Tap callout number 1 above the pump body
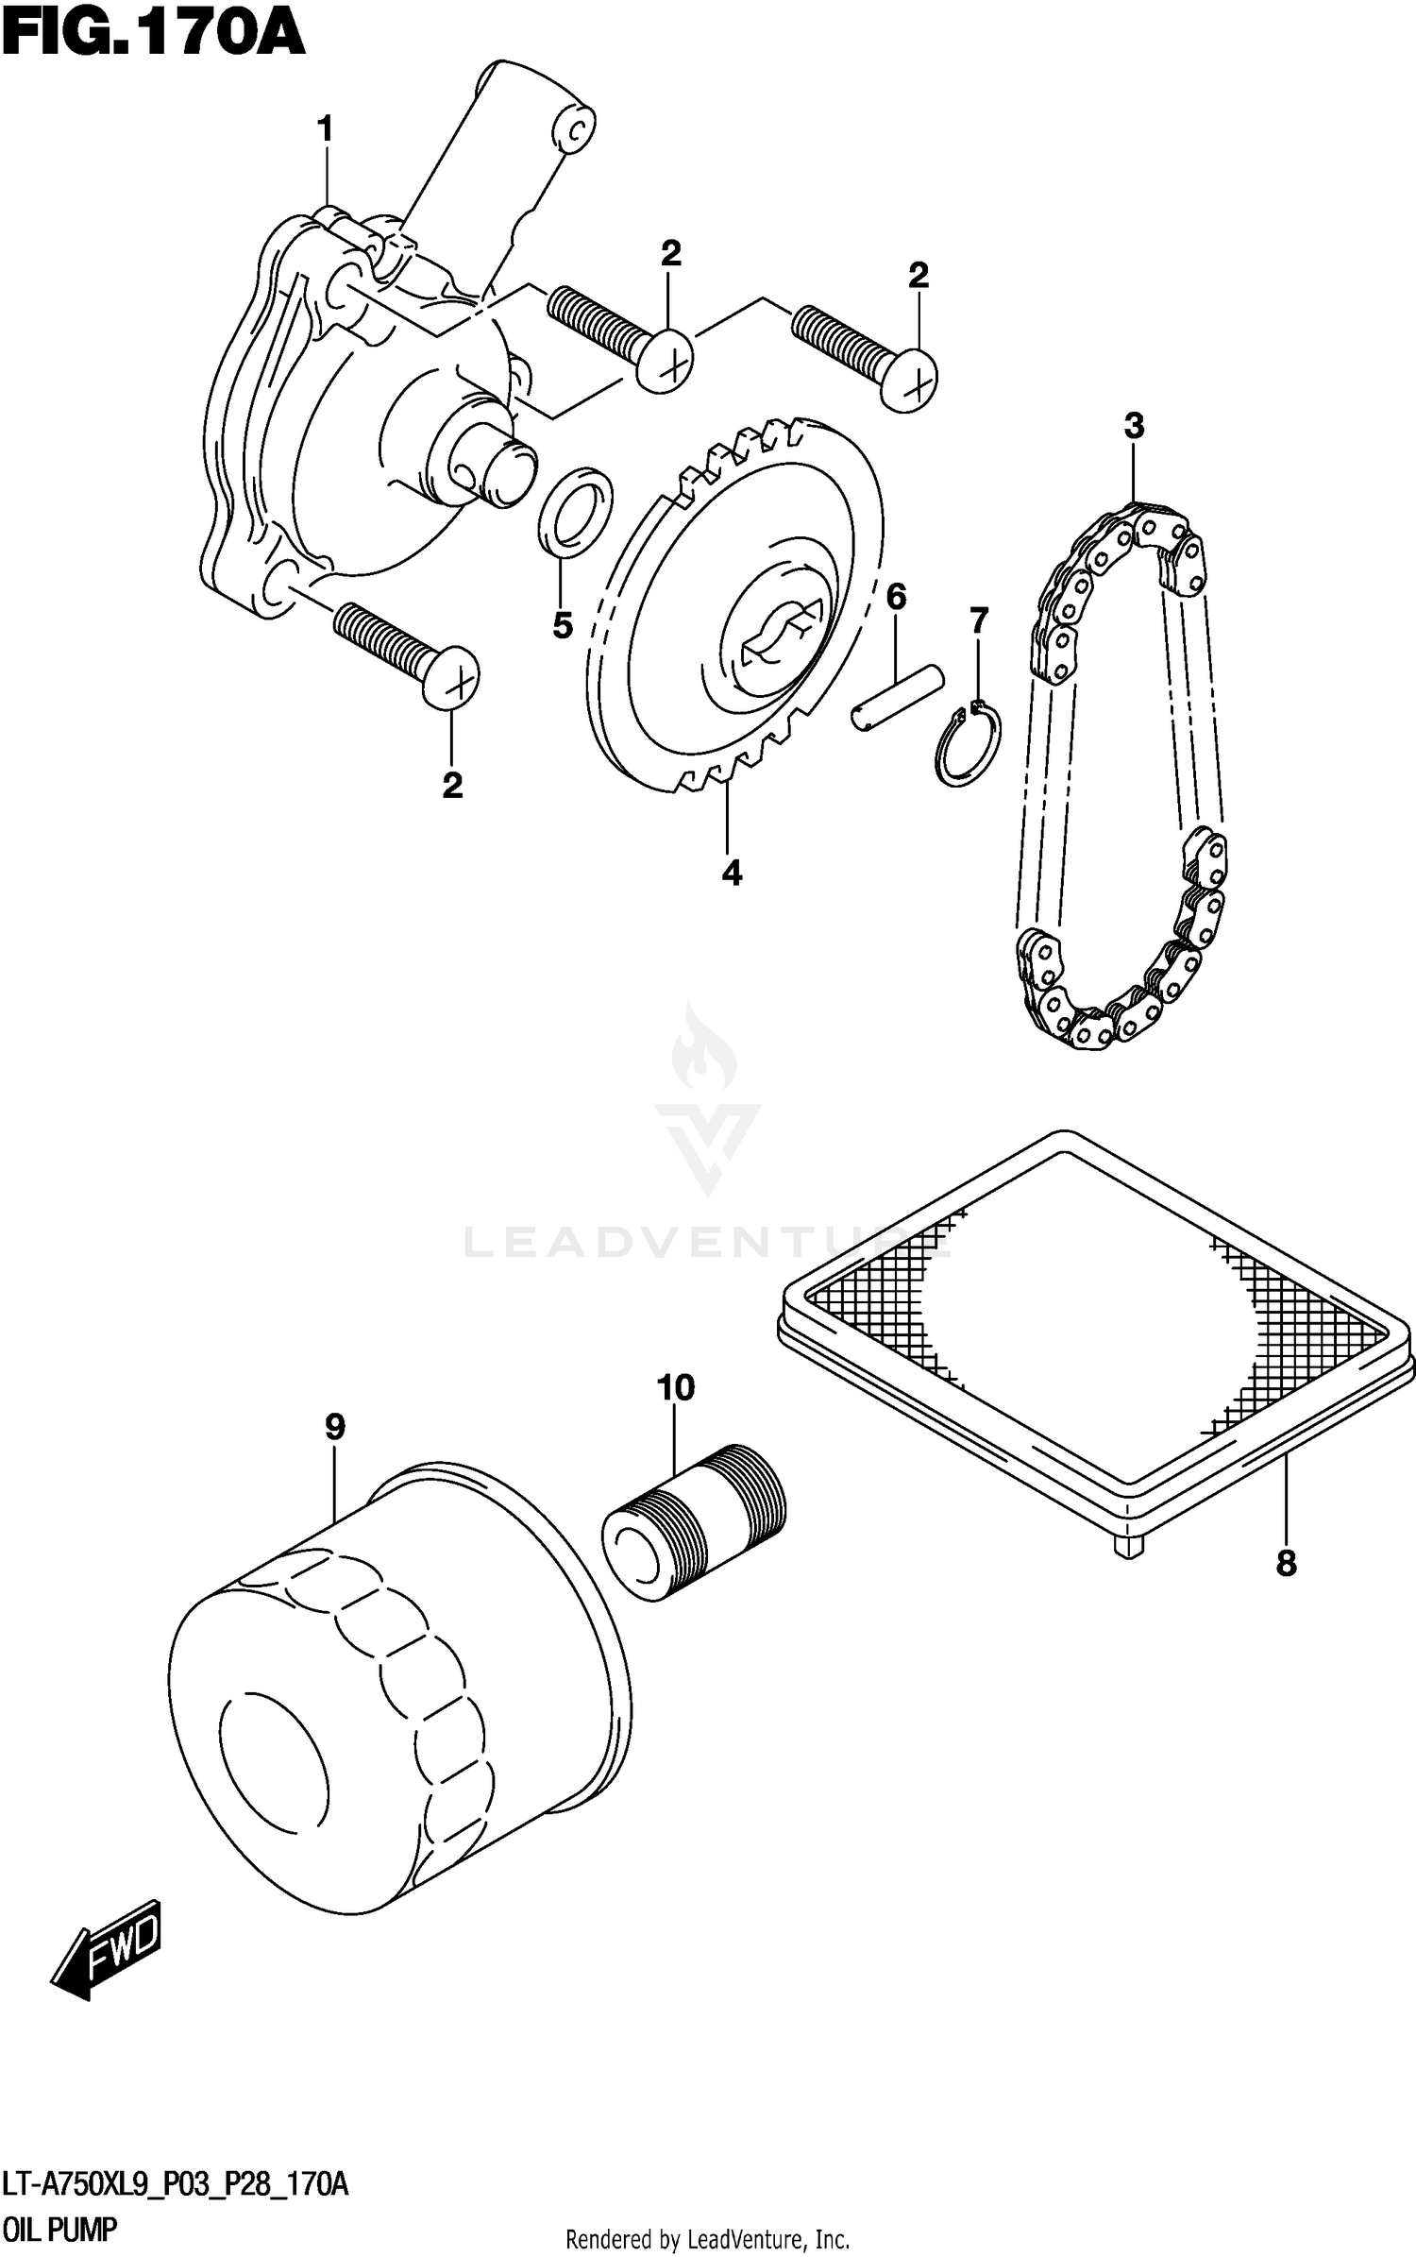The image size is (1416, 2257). (x=326, y=129)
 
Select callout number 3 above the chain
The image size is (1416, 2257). (x=1134, y=426)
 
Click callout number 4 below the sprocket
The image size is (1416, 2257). (x=732, y=873)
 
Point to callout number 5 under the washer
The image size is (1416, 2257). (x=563, y=624)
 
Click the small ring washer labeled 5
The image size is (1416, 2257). (x=576, y=506)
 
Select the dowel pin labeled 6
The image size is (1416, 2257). (x=897, y=697)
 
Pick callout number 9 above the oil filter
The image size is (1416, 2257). (x=335, y=1427)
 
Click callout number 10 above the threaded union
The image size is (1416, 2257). (x=676, y=1388)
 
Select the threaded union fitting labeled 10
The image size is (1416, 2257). (x=694, y=1517)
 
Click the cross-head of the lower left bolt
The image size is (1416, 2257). (x=452, y=677)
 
